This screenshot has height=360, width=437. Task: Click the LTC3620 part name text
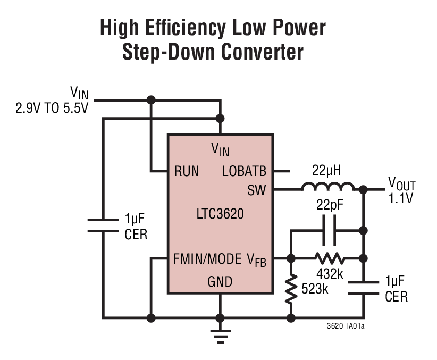pyautogui.click(x=220, y=214)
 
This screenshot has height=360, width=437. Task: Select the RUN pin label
pyautogui.click(x=187, y=171)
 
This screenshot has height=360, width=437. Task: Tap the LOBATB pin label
pyautogui.click(x=244, y=171)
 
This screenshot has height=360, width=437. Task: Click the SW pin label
pyautogui.click(x=257, y=190)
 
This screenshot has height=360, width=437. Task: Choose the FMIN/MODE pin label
pyautogui.click(x=207, y=260)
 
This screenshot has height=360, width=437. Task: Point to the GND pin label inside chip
pyautogui.click(x=220, y=281)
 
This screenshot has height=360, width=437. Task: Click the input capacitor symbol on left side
pyautogui.click(x=103, y=225)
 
